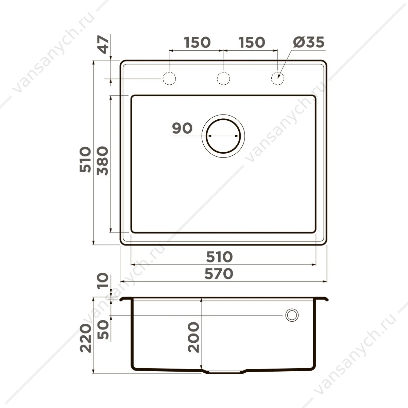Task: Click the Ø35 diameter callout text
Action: [308, 42]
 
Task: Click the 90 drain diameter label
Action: [182, 128]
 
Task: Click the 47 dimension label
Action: [103, 45]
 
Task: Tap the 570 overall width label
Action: [219, 274]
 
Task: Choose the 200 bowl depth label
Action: [193, 337]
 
